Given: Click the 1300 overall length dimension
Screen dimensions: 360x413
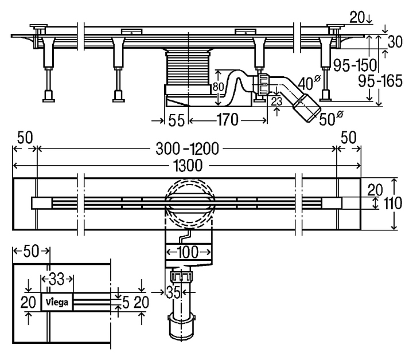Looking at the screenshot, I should click(186, 166).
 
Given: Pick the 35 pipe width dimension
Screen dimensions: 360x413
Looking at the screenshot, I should click(173, 292).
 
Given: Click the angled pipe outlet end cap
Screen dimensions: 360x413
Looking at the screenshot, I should click(307, 108).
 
